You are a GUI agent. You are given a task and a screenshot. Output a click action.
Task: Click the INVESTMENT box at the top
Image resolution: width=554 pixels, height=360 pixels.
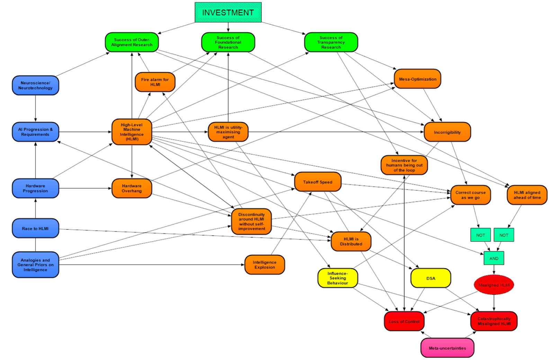click(228, 12)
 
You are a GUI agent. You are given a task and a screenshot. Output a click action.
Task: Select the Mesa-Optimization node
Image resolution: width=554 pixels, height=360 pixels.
click(417, 79)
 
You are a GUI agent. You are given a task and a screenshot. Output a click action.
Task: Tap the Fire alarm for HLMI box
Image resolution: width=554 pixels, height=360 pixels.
click(155, 82)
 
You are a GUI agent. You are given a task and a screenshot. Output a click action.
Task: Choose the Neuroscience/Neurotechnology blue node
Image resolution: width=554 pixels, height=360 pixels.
click(35, 85)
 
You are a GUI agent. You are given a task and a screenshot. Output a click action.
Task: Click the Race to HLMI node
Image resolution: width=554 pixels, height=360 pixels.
click(35, 228)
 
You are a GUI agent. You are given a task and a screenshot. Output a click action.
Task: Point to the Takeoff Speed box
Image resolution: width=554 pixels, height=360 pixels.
click(318, 182)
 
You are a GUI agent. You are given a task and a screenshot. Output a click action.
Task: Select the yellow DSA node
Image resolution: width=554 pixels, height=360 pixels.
click(430, 278)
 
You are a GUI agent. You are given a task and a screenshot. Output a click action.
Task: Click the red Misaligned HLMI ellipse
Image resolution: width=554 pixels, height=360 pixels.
click(494, 285)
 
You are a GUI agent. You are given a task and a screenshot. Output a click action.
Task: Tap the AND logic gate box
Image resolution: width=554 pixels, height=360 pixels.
click(494, 258)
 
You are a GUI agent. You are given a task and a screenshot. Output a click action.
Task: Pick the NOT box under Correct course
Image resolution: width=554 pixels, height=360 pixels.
click(480, 235)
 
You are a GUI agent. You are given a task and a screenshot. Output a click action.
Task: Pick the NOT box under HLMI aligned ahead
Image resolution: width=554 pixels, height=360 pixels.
click(503, 235)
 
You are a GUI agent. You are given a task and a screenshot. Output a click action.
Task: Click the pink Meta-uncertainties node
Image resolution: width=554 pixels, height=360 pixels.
click(447, 348)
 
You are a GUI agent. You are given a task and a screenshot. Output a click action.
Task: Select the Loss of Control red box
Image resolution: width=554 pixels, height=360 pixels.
click(404, 322)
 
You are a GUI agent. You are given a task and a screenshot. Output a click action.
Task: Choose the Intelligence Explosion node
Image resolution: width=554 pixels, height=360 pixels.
click(265, 265)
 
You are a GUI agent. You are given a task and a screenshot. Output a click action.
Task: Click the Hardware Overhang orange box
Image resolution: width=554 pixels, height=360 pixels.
click(132, 188)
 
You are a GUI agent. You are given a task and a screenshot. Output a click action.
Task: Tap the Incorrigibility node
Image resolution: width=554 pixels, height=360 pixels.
click(447, 132)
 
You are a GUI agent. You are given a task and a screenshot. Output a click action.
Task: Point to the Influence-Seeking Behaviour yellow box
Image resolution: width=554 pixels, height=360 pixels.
click(338, 278)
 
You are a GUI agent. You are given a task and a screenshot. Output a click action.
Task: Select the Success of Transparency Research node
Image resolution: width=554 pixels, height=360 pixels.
click(331, 42)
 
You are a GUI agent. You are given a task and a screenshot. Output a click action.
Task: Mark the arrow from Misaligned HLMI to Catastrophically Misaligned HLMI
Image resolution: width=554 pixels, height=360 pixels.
click(494, 303)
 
